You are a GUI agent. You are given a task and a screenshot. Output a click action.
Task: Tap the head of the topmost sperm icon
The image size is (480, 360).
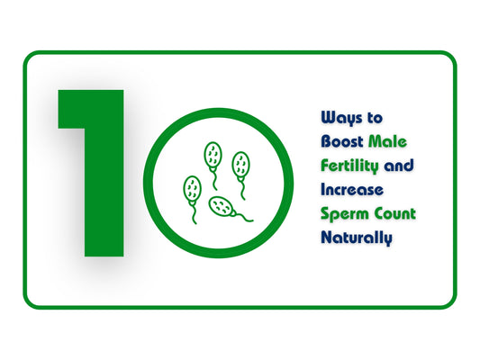pos(213,154)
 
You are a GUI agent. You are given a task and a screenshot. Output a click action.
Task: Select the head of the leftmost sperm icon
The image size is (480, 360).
pos(192,188)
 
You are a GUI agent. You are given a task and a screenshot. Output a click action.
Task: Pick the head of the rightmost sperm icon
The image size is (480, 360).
pos(240,164)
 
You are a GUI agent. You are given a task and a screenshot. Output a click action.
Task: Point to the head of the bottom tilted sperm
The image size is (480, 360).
pos(222,206)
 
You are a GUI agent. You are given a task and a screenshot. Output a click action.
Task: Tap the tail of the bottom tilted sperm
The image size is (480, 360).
pos(244,217)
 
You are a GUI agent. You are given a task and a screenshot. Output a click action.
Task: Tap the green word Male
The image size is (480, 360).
pos(389,141)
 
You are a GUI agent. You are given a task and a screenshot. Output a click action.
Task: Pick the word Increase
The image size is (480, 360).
pos(352,190)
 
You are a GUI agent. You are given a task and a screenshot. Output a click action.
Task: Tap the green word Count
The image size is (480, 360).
pos(395,214)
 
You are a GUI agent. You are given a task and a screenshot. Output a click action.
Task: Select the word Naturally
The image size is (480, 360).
pos(357,238)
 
